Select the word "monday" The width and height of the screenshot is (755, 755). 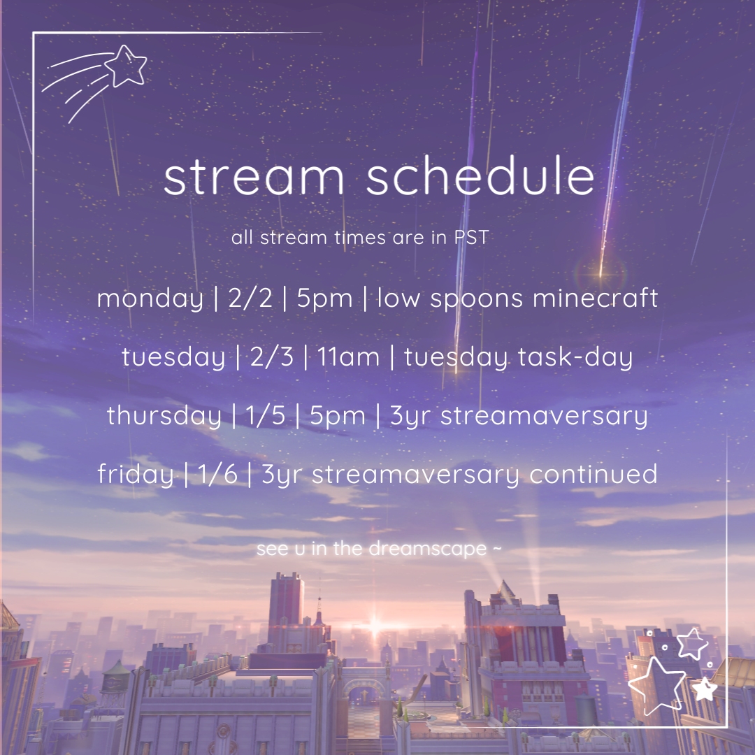(150, 299)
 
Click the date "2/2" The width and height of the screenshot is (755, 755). (250, 298)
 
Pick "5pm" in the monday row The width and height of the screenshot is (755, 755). (324, 299)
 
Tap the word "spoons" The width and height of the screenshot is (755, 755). (476, 299)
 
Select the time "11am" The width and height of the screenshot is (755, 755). (348, 357)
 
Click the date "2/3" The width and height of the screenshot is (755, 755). (271, 357)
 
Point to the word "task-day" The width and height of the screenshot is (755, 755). (575, 357)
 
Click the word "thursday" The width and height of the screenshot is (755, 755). (164, 415)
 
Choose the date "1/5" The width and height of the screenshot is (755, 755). (266, 415)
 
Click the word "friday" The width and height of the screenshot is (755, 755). (136, 474)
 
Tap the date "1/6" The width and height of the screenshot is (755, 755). (217, 474)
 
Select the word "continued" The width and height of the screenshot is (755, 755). (594, 474)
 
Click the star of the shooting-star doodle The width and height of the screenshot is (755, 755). (126, 66)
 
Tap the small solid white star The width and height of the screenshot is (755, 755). (705, 689)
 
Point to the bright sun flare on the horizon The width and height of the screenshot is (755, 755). (375, 626)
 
